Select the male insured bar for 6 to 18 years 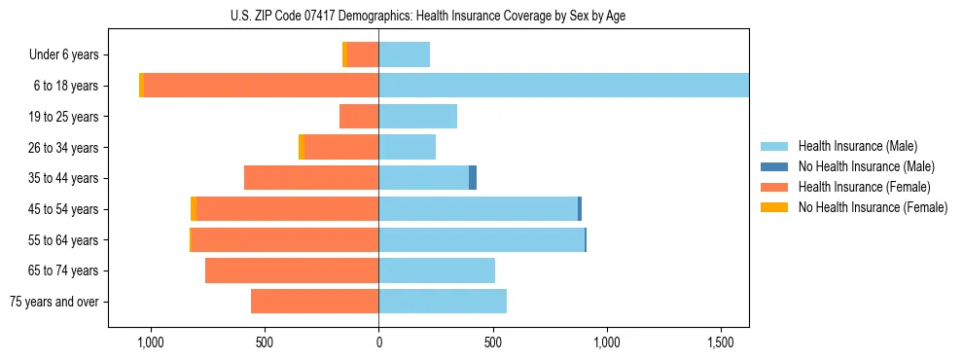pyautogui.click(x=563, y=86)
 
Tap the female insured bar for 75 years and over pyautogui.click(x=314, y=302)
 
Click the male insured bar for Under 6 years pyautogui.click(x=404, y=54)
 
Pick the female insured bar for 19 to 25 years pyautogui.click(x=359, y=117)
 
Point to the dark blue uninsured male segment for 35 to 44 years pyautogui.click(x=473, y=178)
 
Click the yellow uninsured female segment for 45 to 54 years pyautogui.click(x=194, y=209)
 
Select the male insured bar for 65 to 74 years pyautogui.click(x=437, y=270)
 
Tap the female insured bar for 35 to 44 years pyautogui.click(x=311, y=178)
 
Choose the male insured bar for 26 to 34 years pyautogui.click(x=407, y=147)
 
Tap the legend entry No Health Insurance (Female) pyautogui.click(x=873, y=207)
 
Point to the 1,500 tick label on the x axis pyautogui.click(x=720, y=343)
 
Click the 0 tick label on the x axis pyautogui.click(x=378, y=343)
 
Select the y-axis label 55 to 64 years pyautogui.click(x=63, y=240)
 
